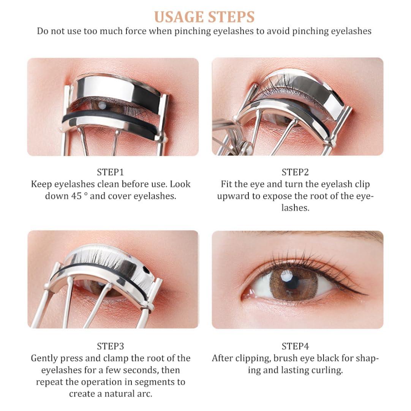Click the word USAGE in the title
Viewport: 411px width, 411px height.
pos(178,17)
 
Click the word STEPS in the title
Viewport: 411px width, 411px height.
pos(231,17)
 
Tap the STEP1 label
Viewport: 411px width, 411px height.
pos(111,172)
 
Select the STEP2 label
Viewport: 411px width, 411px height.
pos(295,172)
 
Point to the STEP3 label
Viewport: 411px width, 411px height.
pos(111,346)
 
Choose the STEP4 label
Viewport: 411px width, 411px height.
pos(295,346)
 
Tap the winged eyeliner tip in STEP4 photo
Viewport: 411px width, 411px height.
pos(365,294)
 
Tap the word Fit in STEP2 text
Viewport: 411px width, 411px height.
pos(227,184)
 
